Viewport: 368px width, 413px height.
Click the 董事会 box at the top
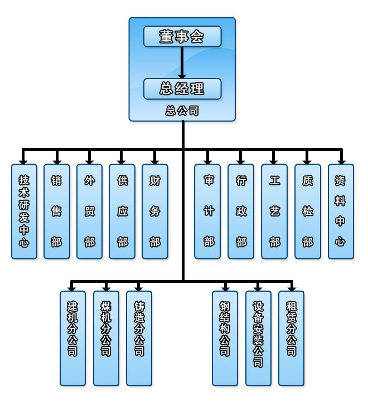click(182, 36)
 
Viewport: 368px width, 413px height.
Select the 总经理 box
click(182, 88)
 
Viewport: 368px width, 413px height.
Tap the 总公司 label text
click(182, 111)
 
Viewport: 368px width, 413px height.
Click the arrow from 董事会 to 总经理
click(182, 62)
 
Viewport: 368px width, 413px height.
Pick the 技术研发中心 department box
click(24, 211)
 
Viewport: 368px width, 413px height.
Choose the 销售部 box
click(57, 211)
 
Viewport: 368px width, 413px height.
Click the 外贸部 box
click(89, 211)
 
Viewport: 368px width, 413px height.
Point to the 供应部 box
click(122, 211)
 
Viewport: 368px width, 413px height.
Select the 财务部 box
click(155, 211)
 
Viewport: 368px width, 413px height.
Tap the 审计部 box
click(207, 211)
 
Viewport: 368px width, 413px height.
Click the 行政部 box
click(241, 211)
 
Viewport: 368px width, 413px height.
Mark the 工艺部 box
click(274, 211)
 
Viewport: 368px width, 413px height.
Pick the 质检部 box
click(308, 211)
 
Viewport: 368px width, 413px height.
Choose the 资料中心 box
click(341, 211)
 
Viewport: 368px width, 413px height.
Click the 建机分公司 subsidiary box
click(73, 338)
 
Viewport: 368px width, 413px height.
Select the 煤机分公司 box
click(106, 338)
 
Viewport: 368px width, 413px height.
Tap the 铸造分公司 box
click(139, 338)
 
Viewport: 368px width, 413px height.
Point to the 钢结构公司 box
click(225, 338)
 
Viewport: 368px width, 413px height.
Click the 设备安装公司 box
click(258, 338)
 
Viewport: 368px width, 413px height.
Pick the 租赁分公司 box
click(291, 338)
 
